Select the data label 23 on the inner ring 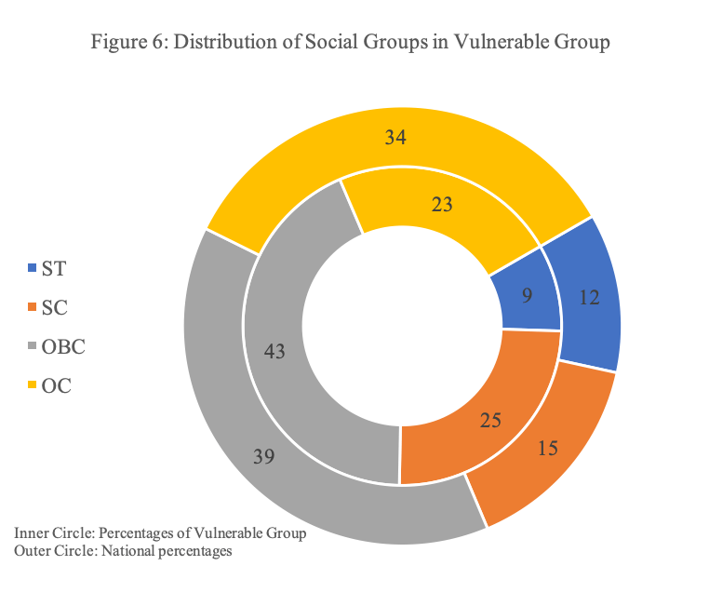pos(442,205)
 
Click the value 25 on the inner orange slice pos(489,421)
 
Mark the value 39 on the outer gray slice pos(265,456)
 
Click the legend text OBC pos(63,347)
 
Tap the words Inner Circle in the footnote pos(54,535)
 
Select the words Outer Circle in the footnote pos(55,551)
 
